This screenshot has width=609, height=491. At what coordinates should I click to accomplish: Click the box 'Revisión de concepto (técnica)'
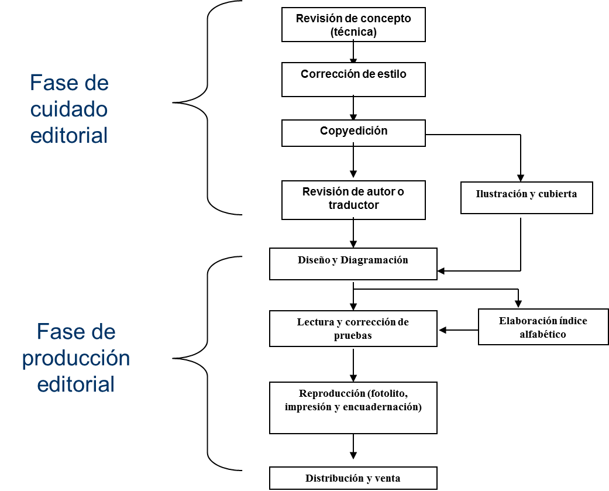353,25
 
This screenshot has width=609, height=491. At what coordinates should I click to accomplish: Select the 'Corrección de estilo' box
353,80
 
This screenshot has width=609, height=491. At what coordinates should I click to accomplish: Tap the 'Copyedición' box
353,133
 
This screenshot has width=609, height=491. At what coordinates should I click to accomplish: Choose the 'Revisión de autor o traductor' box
353,200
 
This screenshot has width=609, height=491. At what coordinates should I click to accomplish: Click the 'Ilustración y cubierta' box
527,198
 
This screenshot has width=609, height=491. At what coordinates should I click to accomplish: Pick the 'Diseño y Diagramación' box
353,264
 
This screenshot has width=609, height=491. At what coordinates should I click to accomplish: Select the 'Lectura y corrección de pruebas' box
353,329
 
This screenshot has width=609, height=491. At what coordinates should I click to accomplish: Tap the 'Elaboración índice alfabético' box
543,327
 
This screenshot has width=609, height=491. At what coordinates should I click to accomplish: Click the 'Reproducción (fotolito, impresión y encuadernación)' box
353,408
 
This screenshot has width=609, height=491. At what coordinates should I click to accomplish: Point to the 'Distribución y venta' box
353,478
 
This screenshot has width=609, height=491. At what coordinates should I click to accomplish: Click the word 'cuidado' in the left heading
69,109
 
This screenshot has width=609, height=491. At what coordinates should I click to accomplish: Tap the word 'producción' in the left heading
76,359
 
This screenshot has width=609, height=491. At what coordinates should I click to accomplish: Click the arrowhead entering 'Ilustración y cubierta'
521,178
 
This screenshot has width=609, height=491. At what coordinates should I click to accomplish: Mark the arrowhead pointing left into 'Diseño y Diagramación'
441,271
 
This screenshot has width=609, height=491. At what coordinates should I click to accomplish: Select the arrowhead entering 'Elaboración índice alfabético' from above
518,304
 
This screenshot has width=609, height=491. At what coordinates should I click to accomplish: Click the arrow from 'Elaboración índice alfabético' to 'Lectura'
458,330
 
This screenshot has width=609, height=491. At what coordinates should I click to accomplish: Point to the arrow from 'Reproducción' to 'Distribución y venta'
353,447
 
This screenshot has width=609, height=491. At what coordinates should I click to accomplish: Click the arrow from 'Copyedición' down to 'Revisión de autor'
353,160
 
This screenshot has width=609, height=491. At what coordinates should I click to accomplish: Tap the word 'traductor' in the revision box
353,205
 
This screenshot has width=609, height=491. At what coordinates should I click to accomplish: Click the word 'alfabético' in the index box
543,334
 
